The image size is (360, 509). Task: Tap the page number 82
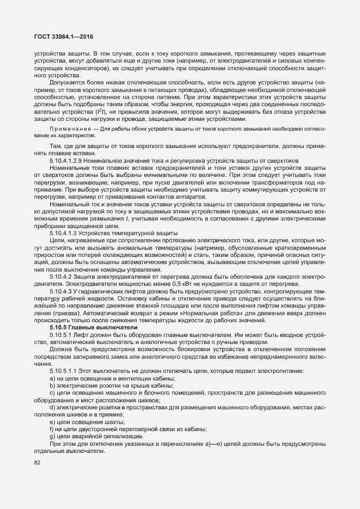pyautogui.click(x=38, y=463)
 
